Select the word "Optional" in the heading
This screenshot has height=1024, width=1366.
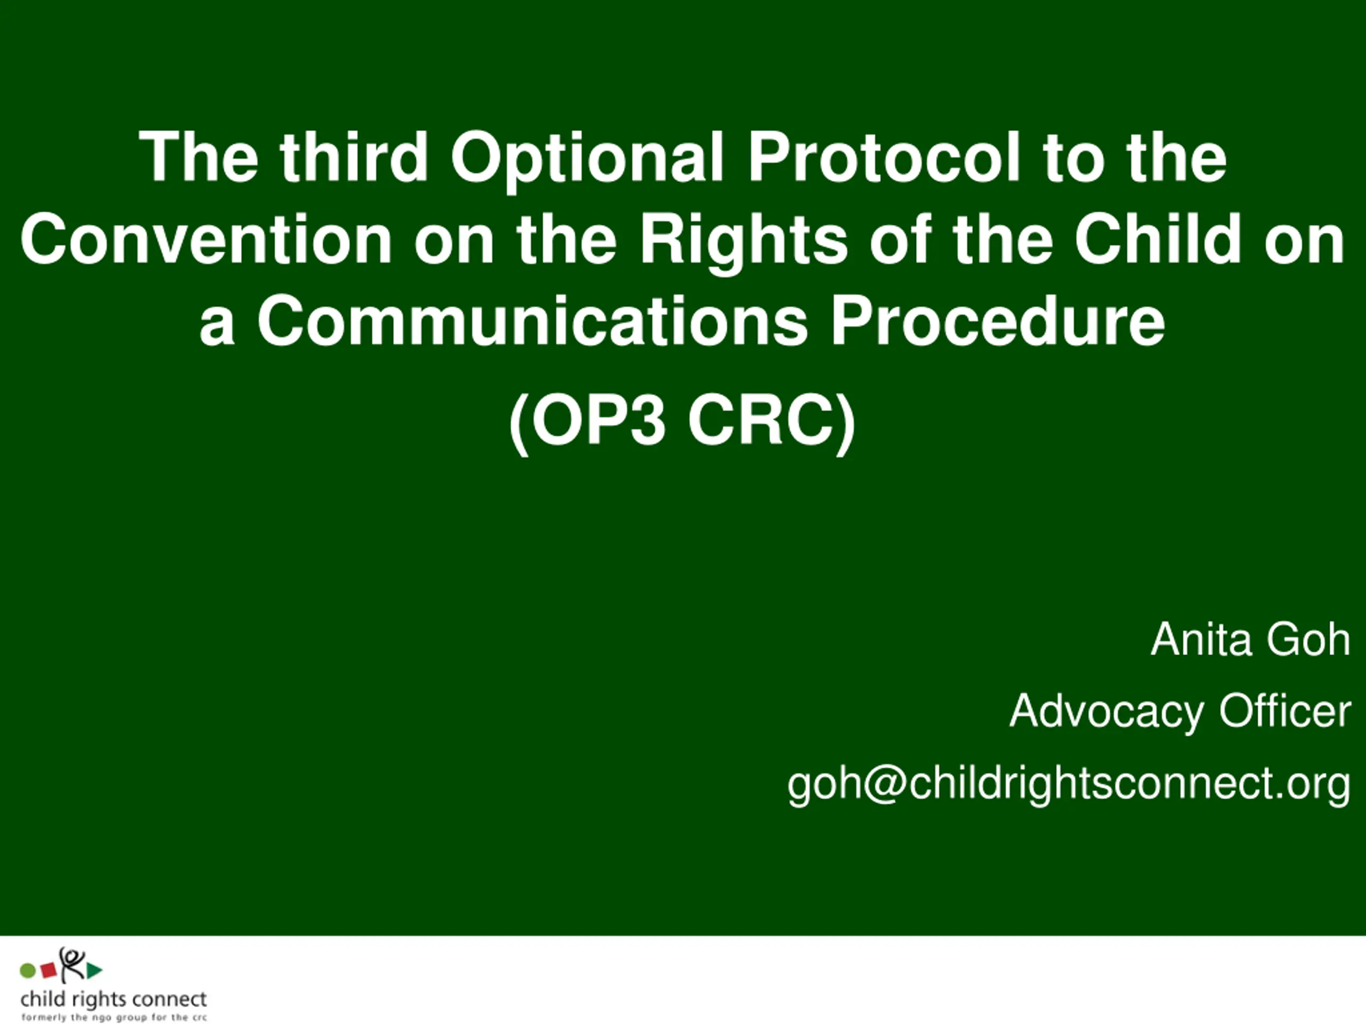(x=586, y=161)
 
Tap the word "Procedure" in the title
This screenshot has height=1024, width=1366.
(x=997, y=321)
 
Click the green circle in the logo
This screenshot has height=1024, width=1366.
(x=28, y=971)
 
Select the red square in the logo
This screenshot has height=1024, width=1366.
(x=49, y=970)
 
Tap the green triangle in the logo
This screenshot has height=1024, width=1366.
(x=94, y=970)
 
